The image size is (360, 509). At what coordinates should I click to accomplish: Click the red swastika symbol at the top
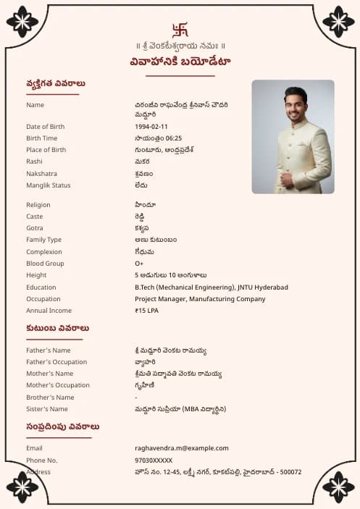(180, 30)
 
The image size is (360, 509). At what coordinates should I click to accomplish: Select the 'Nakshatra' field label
(41, 174)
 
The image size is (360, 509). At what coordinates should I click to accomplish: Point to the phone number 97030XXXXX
(154, 460)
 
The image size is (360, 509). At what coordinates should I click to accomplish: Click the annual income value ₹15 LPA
(146, 311)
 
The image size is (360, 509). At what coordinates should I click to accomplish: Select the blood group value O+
(139, 264)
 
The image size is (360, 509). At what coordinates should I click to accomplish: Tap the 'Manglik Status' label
(49, 185)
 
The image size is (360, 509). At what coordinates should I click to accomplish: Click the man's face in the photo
(295, 106)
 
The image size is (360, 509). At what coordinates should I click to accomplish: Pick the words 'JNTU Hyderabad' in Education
(262, 287)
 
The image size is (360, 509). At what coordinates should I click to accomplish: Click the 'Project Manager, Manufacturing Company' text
(200, 299)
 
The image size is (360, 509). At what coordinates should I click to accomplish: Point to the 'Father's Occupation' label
(56, 362)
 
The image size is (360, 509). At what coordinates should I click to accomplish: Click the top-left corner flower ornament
(22, 21)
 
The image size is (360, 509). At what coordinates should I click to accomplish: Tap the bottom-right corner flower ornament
(338, 487)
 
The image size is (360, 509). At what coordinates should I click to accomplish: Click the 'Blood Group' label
(45, 264)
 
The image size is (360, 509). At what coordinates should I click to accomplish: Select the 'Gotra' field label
(35, 228)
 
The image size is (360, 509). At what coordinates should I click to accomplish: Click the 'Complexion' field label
(43, 252)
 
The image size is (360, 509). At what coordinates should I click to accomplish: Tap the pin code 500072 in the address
(290, 472)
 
